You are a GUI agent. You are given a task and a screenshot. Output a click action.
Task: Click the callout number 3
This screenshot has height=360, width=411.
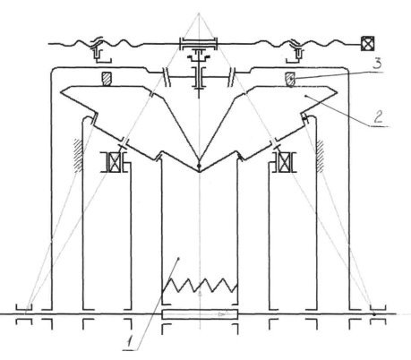click(x=378, y=64)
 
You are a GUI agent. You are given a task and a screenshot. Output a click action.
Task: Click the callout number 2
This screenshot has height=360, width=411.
click(x=378, y=116)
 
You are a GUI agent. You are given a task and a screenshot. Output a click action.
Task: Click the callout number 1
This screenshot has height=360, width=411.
click(x=130, y=341)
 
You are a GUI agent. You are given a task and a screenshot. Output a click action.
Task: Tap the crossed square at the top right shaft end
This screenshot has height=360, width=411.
click(x=367, y=43)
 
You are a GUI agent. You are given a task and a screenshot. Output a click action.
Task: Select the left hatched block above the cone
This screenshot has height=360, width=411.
click(x=107, y=79)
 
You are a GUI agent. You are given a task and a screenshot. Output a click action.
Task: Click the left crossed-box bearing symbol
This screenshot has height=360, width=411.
click(x=115, y=162)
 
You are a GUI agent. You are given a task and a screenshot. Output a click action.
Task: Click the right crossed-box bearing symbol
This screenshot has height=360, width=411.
click(x=282, y=162)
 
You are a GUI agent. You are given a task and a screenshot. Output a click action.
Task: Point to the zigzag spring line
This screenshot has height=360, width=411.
click(x=200, y=285)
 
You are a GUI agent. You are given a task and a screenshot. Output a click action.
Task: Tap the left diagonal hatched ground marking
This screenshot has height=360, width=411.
click(x=78, y=155)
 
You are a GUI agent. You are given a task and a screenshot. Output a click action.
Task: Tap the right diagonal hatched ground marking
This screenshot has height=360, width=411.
click(x=320, y=155)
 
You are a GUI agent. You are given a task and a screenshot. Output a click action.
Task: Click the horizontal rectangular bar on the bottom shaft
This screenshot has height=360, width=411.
click(x=200, y=314)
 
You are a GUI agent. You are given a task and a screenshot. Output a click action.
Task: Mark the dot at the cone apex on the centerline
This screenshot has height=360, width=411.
click(x=199, y=166)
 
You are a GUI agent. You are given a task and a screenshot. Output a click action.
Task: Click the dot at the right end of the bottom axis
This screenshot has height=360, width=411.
click(x=374, y=314)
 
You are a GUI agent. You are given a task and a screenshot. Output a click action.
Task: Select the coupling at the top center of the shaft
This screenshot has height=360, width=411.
click(x=198, y=44)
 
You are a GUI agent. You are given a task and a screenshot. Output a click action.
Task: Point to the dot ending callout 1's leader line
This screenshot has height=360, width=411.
click(x=178, y=258)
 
